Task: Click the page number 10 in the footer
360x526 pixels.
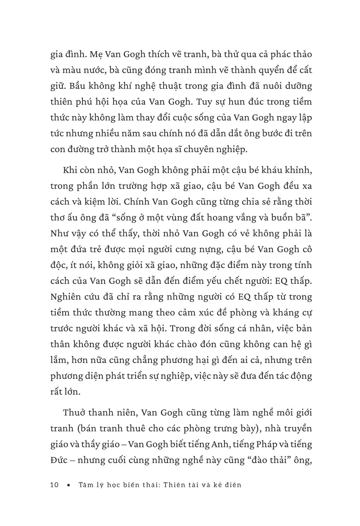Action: click(x=55, y=485)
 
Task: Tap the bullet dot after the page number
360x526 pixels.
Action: click(x=68, y=485)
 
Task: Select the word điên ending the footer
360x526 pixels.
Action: click(x=232, y=485)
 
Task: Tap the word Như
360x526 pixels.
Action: click(x=59, y=233)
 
